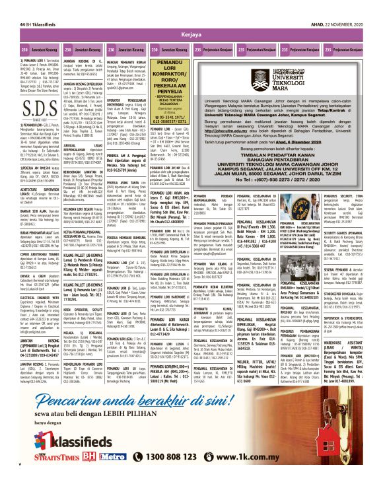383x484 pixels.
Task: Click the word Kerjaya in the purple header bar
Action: (191, 32)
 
